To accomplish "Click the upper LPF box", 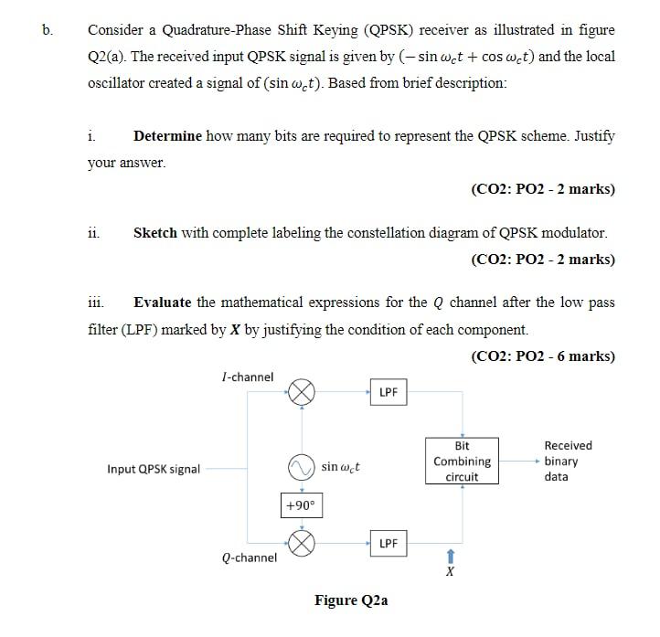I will [x=389, y=393].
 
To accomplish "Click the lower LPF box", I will [x=389, y=543].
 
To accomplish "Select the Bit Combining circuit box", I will [x=462, y=462].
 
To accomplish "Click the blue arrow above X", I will [x=449, y=556].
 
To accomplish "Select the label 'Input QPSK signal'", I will [x=154, y=470].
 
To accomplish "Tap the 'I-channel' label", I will [x=247, y=377].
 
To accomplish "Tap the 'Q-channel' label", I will [x=249, y=557].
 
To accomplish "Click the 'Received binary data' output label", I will [x=567, y=461].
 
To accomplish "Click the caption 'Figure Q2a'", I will [x=351, y=600].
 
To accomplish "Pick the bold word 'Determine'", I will [x=167, y=136].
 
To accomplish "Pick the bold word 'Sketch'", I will [x=155, y=232].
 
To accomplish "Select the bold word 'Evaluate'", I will [x=163, y=302].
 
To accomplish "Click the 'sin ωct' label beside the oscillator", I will [x=340, y=468].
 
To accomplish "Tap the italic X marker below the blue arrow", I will [x=449, y=572].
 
